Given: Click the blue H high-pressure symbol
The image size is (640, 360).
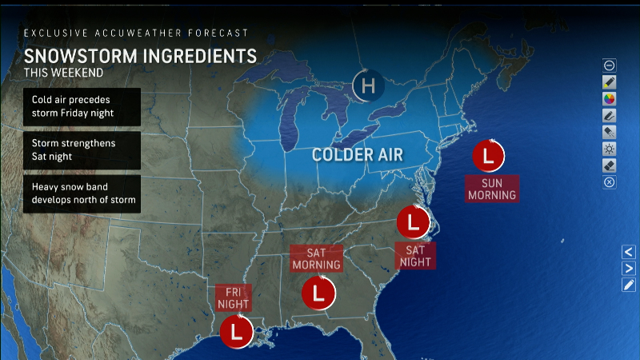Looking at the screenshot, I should point(368,84).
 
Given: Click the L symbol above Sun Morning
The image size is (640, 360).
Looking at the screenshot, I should point(487,155).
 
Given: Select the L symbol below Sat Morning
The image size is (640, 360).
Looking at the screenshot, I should point(318,294).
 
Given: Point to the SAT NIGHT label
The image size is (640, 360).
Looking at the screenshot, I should point(414,255).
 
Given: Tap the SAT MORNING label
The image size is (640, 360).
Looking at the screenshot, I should point(316,258).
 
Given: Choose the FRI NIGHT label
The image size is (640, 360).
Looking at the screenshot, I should point(234,298).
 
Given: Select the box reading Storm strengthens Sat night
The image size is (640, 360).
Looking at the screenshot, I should point(82,149).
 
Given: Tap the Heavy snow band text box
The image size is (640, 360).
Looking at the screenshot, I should point(82,193).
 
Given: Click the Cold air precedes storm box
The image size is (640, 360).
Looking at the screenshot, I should point(82,106).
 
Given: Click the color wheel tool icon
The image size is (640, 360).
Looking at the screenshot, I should point(610,98).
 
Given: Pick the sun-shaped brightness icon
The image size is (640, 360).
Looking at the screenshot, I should point(610,149).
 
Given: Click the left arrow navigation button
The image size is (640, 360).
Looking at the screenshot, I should point(629,251).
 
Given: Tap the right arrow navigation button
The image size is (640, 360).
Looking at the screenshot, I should point(629,268).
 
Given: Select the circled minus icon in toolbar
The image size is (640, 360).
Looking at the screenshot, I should point(610,65).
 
